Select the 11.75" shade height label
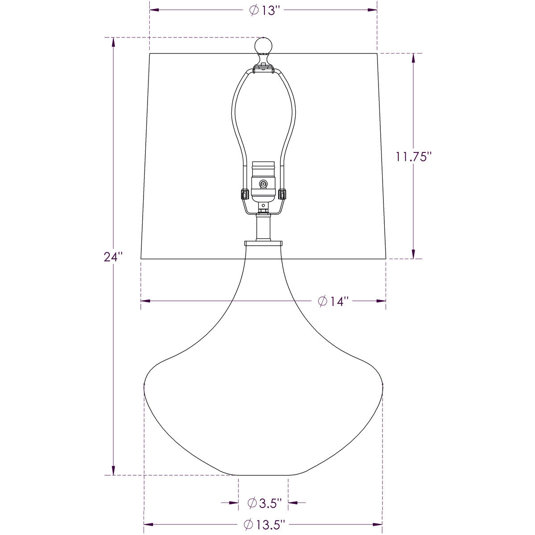click(x=414, y=156)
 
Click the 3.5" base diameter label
click(x=265, y=502)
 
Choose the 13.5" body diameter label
click(x=264, y=525)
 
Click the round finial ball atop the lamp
click(x=263, y=45)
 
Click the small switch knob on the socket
click(x=263, y=183)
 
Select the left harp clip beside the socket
click(x=244, y=194)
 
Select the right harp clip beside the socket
click(x=282, y=194)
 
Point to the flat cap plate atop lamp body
click(x=263, y=243)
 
